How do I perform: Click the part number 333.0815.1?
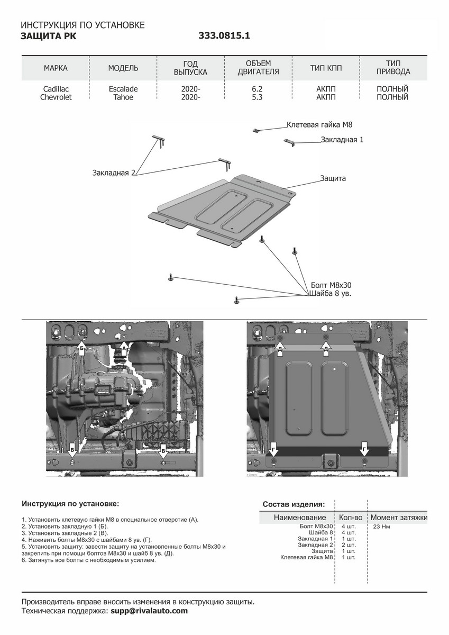click(x=224, y=36)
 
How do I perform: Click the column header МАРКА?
click(x=56, y=68)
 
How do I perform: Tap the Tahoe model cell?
click(x=123, y=97)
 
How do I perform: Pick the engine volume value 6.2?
click(x=258, y=89)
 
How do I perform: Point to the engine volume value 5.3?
click(x=258, y=97)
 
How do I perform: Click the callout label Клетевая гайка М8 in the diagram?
click(x=319, y=125)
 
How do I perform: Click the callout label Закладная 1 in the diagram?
click(x=342, y=140)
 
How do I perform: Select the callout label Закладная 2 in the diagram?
click(x=114, y=173)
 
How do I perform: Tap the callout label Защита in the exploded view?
click(x=333, y=178)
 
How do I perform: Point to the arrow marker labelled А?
click(x=124, y=348)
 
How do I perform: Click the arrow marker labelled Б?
click(x=82, y=348)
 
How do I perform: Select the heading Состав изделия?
click(x=294, y=504)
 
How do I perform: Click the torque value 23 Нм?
click(x=382, y=527)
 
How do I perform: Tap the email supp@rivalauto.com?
click(x=149, y=611)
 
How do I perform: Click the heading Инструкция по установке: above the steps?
click(x=70, y=503)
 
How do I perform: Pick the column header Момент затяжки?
click(x=399, y=517)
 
